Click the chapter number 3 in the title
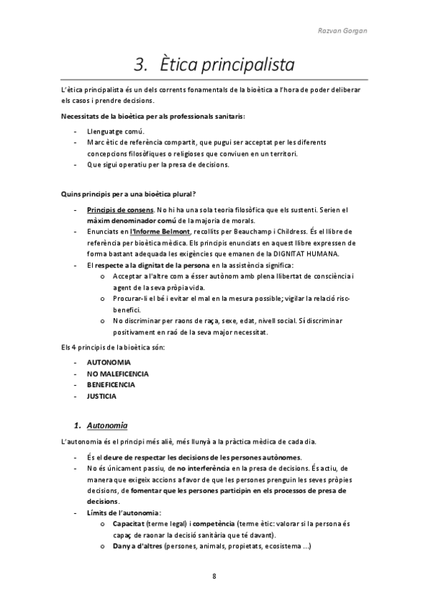pos(139,65)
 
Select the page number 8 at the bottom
pos(214,576)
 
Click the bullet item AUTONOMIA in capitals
pos(109,362)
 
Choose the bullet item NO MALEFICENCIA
pos(118,374)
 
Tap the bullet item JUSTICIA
pos(102,396)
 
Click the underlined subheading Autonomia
pos(106,426)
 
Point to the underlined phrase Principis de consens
pos(119,209)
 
